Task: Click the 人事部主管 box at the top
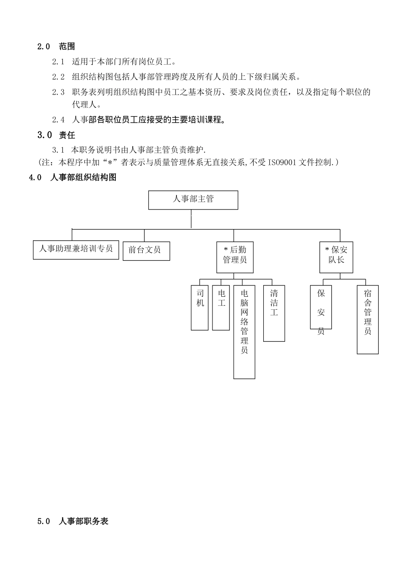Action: click(193, 200)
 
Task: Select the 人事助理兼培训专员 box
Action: click(76, 249)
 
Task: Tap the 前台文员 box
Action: click(146, 251)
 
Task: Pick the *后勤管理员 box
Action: click(235, 257)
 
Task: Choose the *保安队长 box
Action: click(336, 257)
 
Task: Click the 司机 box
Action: click(199, 308)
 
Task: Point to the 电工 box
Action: click(221, 308)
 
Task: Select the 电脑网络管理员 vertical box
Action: click(244, 332)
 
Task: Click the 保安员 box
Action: click(321, 307)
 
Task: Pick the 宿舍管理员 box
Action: click(368, 319)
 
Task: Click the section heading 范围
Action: click(67, 46)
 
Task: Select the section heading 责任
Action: click(67, 135)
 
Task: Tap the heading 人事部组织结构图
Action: click(83, 177)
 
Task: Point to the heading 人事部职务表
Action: click(83, 521)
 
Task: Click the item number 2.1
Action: click(58, 62)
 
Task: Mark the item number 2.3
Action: click(58, 92)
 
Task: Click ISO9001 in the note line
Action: click(282, 162)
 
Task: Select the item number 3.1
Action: click(58, 150)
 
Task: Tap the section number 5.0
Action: click(44, 521)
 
